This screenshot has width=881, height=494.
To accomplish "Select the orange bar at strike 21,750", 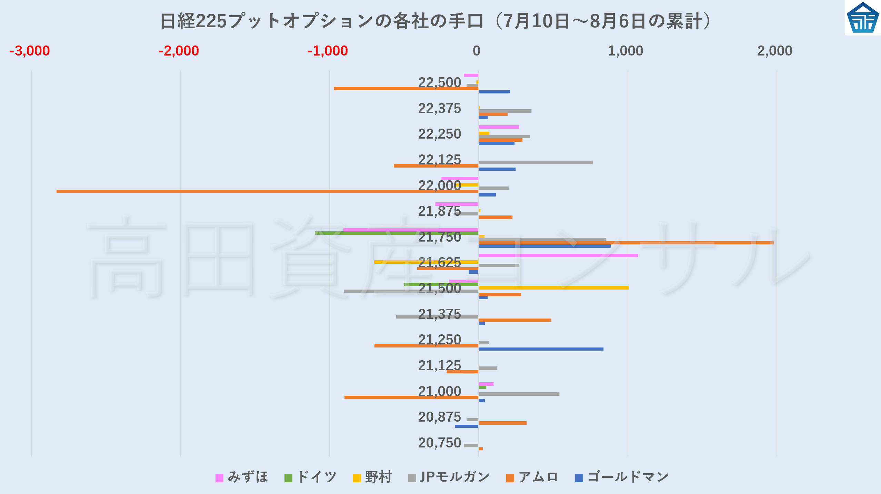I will pos(626,243).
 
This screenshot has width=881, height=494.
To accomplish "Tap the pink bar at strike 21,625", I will pos(558,255).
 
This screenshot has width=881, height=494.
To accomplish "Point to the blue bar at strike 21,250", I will pos(541,349).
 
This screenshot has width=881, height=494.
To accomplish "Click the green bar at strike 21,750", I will pos(397,233).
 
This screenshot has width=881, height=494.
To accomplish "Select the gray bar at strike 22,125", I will pos(535,162).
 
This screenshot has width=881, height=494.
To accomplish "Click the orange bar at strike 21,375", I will pos(514,320).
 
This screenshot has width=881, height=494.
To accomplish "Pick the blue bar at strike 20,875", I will pos(466,426).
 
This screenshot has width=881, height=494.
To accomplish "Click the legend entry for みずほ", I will pos(242,477).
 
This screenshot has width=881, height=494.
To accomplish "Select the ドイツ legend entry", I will pos(310,477).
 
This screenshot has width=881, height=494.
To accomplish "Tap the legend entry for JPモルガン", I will pos(449,477).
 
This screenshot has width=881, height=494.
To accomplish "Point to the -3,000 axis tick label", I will pos(30,51).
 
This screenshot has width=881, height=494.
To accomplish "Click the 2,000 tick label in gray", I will pos(774,51).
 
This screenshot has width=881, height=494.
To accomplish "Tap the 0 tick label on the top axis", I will pos(476,51).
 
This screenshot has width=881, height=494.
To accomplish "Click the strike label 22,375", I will pos(439,109).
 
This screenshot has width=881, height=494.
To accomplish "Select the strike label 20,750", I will pos(439,443).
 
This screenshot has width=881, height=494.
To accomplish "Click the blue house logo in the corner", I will pos(862,18).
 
